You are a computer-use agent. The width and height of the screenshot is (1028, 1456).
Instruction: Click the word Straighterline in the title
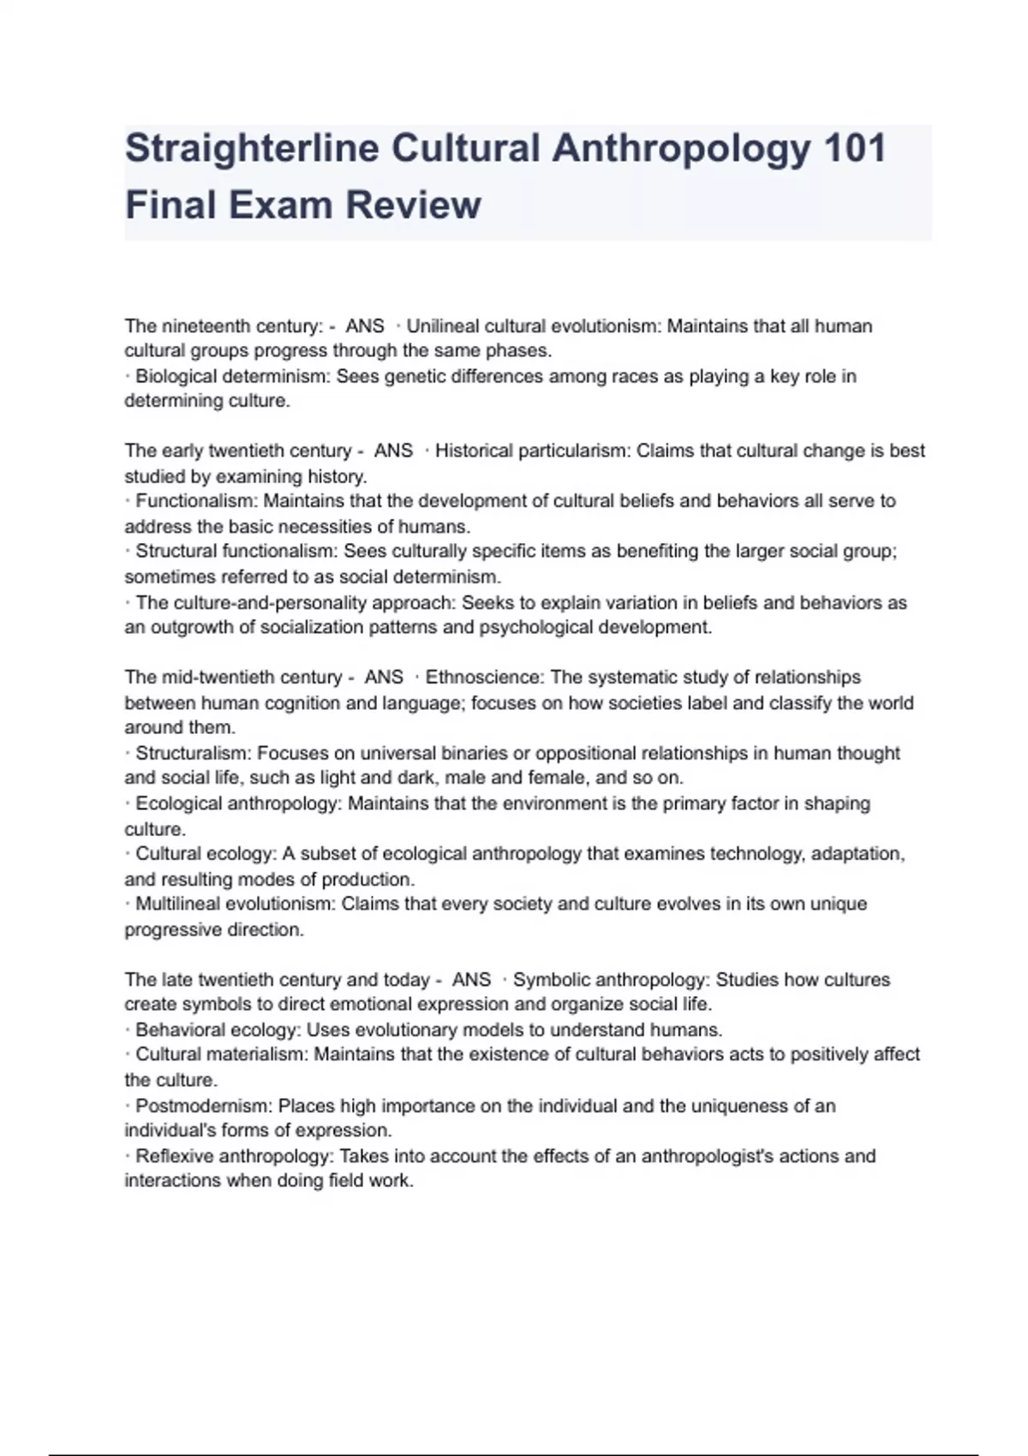click(252, 149)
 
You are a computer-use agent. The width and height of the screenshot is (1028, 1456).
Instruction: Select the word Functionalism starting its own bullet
click(196, 501)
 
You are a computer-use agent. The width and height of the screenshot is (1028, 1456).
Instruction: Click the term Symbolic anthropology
click(611, 980)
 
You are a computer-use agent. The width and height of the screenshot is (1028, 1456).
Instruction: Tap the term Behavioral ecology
click(217, 1030)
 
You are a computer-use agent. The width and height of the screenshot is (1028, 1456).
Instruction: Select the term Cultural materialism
click(219, 1055)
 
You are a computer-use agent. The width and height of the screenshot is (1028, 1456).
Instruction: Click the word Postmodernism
click(203, 1107)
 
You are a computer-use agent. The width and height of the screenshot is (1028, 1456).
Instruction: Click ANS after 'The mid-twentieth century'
click(384, 677)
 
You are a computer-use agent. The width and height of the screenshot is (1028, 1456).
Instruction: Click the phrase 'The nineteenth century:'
click(224, 326)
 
